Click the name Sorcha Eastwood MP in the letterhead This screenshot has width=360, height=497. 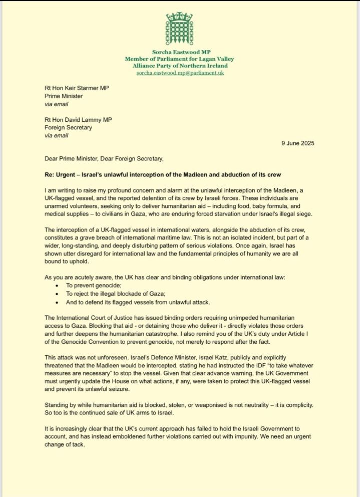179,52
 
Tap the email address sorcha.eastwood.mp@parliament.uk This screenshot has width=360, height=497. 180,73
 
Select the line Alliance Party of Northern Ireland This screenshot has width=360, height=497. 180,66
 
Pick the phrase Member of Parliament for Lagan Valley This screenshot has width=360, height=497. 179,59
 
